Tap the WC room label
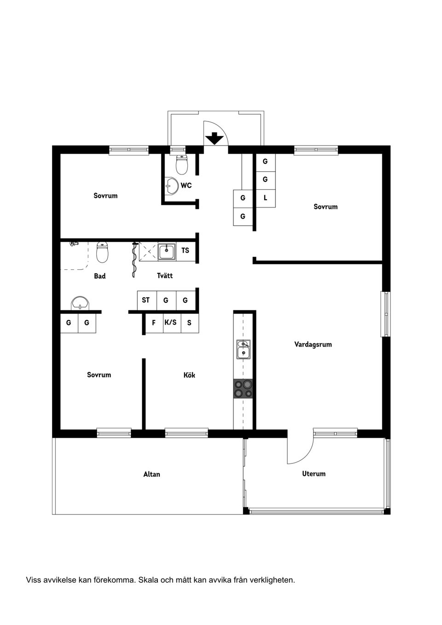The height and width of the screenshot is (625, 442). [x=186, y=185]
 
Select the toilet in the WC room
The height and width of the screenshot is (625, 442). [x=182, y=164]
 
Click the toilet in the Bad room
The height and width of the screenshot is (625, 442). [x=102, y=252]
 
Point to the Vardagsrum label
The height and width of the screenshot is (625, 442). [x=313, y=344]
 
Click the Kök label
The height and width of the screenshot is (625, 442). [x=189, y=375]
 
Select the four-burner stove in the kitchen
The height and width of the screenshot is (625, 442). [x=243, y=388]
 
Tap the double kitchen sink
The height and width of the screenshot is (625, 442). [x=243, y=349]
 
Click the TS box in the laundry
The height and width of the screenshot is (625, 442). [x=185, y=251]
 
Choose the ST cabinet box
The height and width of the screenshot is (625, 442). [x=146, y=300]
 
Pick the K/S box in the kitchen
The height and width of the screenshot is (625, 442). [x=171, y=323]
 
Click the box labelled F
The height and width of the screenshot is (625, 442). [x=154, y=323]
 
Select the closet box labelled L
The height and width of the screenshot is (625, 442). [x=265, y=198]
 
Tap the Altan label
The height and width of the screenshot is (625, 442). [x=151, y=474]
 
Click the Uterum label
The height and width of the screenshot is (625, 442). [x=314, y=474]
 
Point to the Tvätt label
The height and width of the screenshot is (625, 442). [x=165, y=275]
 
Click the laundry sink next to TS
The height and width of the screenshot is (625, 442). [x=166, y=251]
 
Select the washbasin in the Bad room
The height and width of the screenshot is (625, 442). [x=81, y=303]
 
